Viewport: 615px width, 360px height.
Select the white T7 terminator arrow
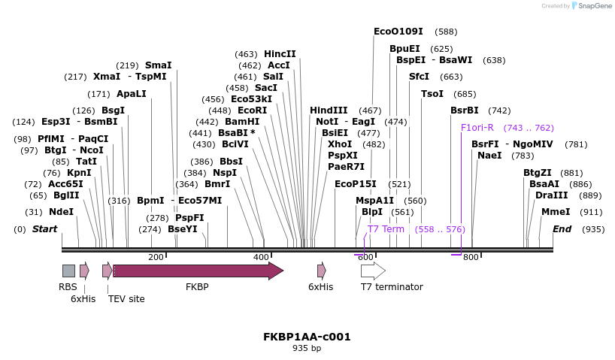(373, 271)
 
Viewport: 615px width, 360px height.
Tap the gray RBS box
(68, 271)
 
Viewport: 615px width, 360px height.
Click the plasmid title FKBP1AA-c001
(307, 337)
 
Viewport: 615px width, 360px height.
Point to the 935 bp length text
(307, 349)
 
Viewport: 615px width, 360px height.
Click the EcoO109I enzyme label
(398, 32)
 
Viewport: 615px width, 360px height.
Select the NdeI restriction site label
(62, 212)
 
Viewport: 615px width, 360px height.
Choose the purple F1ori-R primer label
(477, 128)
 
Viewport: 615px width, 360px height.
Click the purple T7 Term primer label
(386, 229)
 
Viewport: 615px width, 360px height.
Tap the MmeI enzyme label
(556, 212)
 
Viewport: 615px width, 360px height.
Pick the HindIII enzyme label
(329, 110)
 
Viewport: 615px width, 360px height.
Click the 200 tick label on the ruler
(156, 257)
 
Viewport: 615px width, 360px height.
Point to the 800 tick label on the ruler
(471, 257)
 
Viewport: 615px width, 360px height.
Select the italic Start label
(44, 229)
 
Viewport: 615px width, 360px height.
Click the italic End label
(562, 229)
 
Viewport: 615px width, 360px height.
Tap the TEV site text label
(126, 299)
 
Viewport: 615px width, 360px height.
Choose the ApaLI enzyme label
(132, 94)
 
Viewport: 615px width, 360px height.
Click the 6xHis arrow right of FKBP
(321, 271)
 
